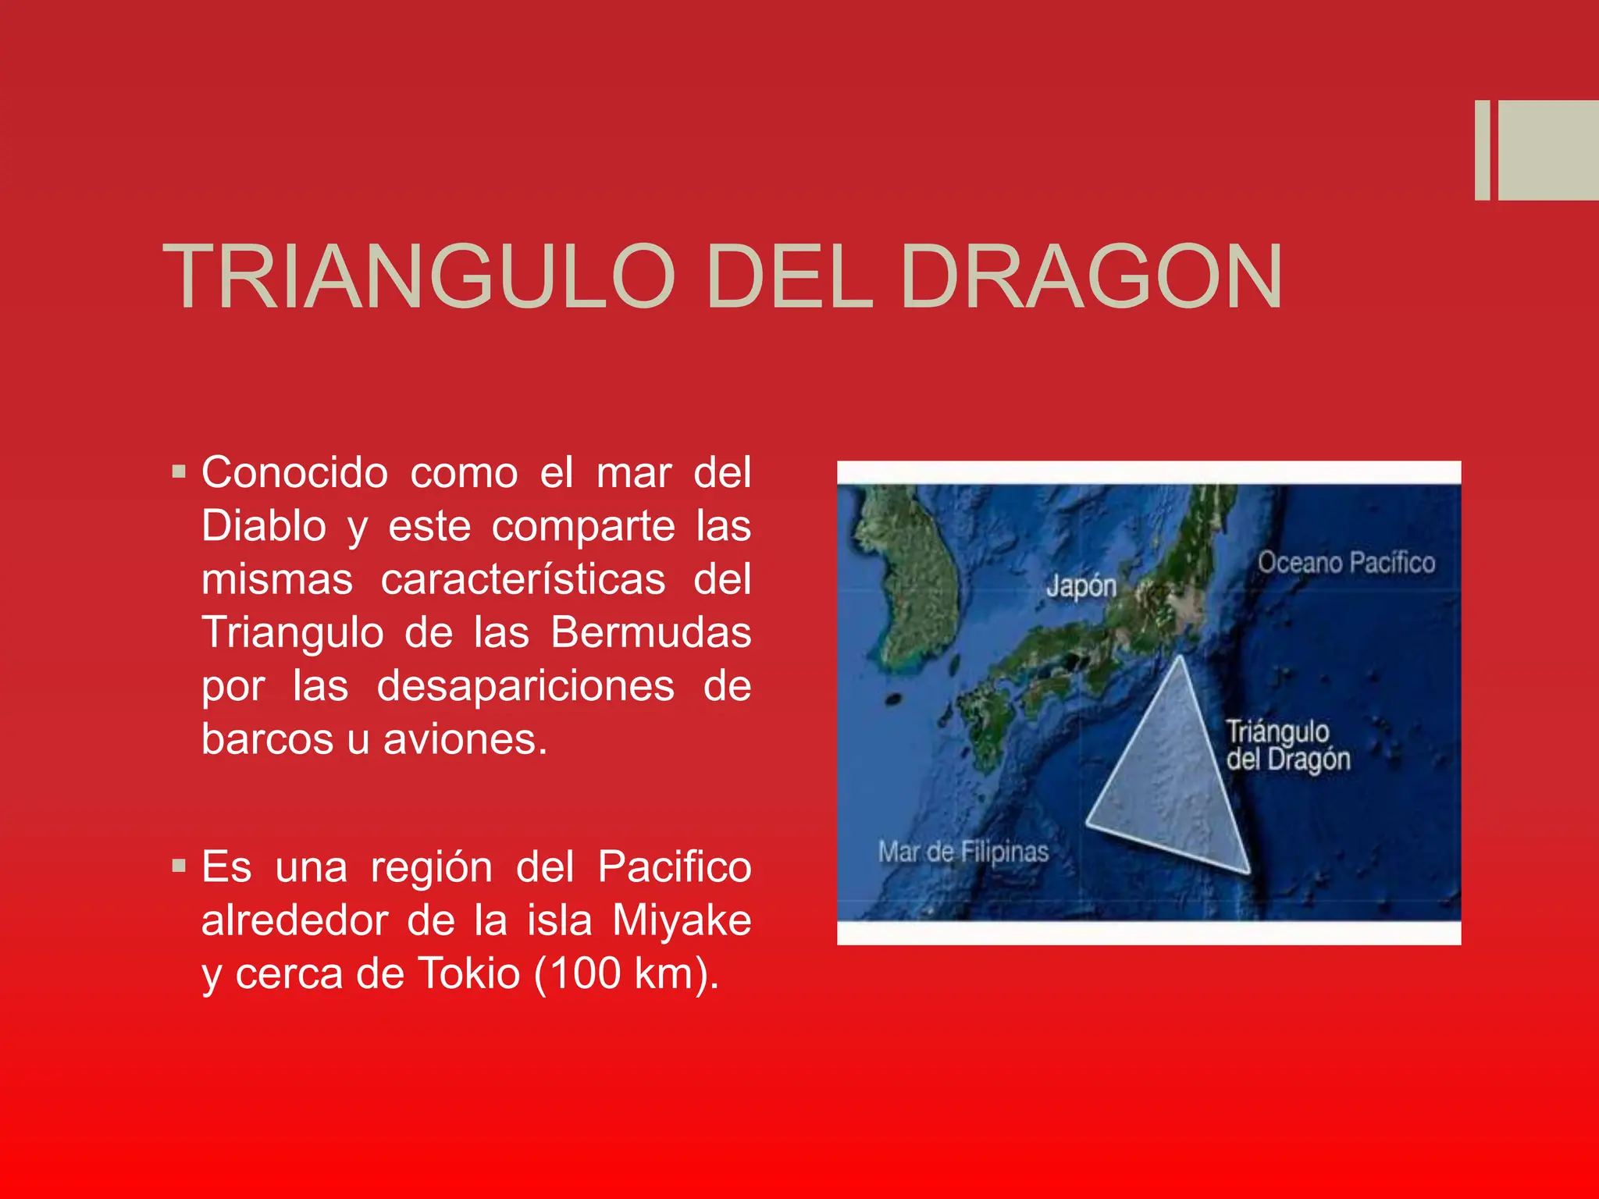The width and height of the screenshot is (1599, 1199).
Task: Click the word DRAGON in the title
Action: click(1091, 277)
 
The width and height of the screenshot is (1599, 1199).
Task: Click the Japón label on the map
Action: click(1081, 585)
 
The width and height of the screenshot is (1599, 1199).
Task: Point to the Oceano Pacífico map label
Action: click(1346, 563)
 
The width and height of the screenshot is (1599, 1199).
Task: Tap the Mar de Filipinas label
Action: click(963, 852)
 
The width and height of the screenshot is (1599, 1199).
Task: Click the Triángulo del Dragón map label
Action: click(1287, 745)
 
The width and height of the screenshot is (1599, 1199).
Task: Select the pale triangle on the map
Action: click(1171, 781)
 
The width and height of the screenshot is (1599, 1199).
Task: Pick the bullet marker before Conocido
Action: click(180, 471)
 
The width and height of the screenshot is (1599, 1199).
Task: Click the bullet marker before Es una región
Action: click(180, 866)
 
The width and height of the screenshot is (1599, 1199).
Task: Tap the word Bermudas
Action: click(650, 632)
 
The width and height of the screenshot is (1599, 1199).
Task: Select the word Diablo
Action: click(264, 525)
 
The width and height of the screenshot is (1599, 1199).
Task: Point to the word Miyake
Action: click(682, 920)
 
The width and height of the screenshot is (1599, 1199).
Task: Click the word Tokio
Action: click(469, 973)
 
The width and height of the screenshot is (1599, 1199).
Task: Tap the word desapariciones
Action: click(525, 686)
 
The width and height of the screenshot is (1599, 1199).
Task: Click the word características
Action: click(523, 579)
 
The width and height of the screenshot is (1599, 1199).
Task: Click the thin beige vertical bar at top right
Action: click(1482, 150)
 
